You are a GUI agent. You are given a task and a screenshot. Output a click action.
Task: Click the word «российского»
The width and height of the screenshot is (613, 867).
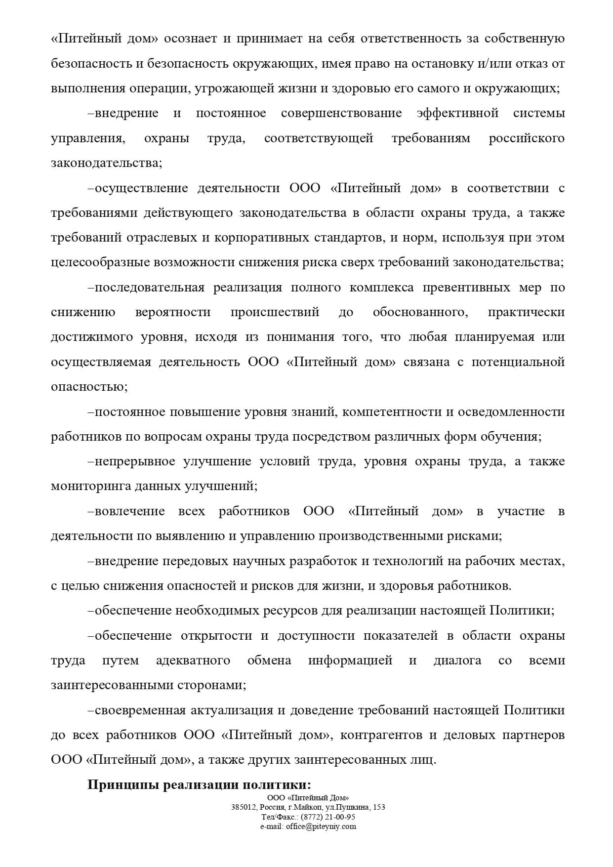[x=527, y=138]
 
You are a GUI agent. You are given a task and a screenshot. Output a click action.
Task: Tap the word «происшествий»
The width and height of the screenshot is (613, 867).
[x=275, y=312]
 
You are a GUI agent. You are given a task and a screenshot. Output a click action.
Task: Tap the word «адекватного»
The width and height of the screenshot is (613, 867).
[x=193, y=661]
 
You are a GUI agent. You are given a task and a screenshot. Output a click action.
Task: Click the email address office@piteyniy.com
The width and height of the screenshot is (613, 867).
[x=321, y=826]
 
